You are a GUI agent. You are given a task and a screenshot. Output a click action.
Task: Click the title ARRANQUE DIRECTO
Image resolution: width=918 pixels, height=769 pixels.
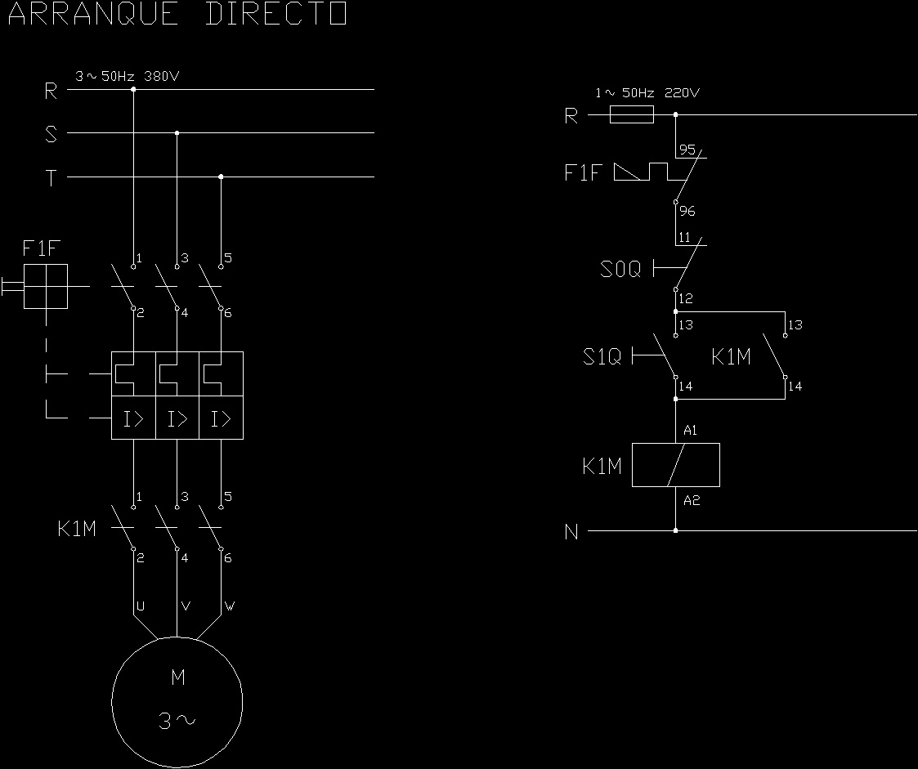point(177,15)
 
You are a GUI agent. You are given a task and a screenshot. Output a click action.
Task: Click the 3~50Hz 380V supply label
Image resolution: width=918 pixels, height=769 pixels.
point(127,77)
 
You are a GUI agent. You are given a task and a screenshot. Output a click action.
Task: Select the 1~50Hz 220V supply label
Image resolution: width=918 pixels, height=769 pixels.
point(647,93)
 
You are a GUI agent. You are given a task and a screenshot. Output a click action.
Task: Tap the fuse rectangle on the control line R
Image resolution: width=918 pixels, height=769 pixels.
point(632,115)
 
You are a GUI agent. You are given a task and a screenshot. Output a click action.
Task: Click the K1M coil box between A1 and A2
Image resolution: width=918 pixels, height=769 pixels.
point(675,465)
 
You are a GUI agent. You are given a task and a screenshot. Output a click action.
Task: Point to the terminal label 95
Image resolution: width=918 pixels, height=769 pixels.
point(687,150)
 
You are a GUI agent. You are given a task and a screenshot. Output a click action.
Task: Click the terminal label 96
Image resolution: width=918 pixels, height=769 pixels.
point(687,211)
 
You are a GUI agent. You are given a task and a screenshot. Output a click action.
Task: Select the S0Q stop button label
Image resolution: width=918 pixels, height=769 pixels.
point(620,269)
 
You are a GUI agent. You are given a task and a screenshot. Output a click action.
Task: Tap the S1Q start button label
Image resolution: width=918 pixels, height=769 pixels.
point(602,357)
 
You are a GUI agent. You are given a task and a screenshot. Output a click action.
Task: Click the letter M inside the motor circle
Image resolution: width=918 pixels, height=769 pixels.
point(177,677)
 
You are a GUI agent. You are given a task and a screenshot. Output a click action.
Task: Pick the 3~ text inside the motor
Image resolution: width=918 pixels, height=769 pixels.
point(177,721)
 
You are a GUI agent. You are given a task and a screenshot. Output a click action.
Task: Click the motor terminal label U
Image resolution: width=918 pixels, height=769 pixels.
point(140,606)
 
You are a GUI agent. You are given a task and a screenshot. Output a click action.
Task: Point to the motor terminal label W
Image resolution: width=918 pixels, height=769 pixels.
point(230,606)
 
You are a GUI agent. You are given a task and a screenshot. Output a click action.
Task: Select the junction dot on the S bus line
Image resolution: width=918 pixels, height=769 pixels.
point(177,132)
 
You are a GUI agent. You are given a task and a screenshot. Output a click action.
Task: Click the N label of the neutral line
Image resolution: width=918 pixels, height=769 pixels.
point(571,533)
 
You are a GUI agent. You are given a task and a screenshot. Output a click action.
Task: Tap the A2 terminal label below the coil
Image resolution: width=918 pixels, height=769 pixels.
point(691,500)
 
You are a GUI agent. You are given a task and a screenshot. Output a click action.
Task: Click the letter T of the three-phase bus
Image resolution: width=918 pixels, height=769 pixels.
point(51,178)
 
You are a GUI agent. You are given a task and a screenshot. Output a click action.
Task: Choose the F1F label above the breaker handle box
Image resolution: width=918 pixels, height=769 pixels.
point(42,248)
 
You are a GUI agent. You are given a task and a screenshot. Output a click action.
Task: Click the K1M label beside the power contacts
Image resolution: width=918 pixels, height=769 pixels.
point(77,530)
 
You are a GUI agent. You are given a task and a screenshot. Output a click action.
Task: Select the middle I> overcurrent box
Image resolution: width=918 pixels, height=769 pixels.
point(177,419)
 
